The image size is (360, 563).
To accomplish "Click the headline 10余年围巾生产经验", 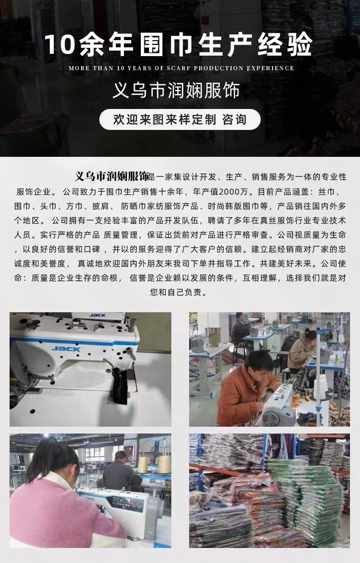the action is tap(178, 45).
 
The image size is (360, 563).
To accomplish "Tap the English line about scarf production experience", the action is tap(181, 68).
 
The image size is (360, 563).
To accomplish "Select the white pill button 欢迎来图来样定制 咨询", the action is tap(180, 119).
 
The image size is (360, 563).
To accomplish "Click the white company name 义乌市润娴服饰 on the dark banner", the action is tap(176, 90).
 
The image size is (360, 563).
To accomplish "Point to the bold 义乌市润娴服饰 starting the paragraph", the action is tap(112, 176).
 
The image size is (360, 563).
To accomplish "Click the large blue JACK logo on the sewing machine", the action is tap(66, 349).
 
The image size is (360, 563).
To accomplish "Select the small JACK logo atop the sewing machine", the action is tap(98, 315).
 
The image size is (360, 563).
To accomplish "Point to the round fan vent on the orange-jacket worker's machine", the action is tap(271, 419).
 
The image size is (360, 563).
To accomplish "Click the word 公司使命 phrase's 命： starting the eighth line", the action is tap(20, 278).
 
